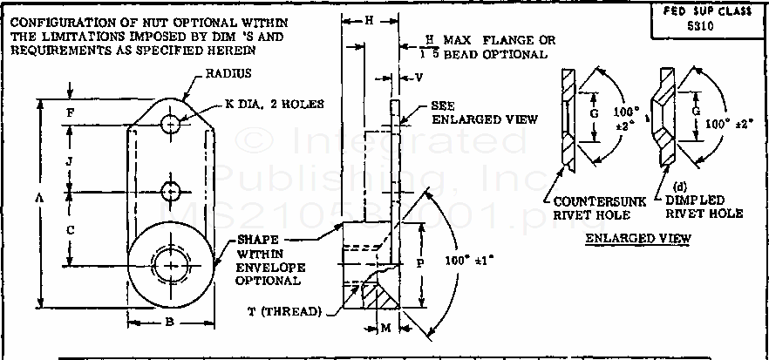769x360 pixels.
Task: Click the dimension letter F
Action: point(70,112)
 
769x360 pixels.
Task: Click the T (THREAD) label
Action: point(290,311)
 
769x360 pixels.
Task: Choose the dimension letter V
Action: point(419,78)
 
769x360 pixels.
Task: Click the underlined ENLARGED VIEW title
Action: point(639,238)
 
